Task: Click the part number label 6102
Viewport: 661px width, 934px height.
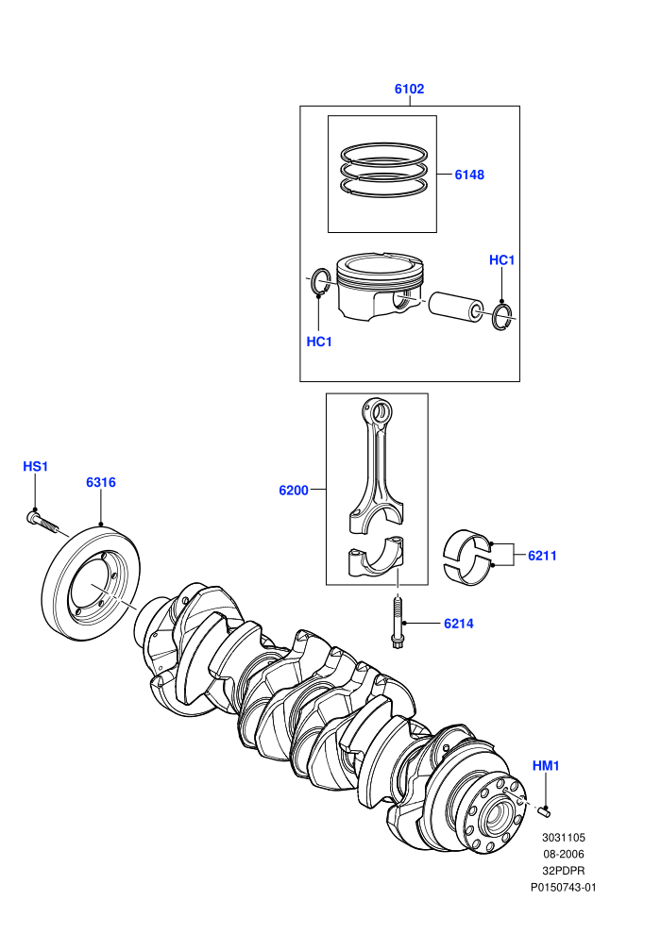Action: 409,89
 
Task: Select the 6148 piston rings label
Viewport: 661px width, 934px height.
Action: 469,175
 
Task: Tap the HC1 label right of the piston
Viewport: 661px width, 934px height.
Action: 501,260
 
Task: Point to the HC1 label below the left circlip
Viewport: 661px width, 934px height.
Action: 319,342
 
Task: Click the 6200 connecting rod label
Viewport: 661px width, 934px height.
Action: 294,491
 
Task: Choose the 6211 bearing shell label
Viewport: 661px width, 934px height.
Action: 542,556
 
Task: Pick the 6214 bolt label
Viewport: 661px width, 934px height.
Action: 458,624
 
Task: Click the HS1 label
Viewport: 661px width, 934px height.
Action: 35,466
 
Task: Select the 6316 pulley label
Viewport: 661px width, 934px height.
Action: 101,482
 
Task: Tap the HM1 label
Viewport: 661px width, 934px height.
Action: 546,766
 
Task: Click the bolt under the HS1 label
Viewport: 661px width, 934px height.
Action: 42,522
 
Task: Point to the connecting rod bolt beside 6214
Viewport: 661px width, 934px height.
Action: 398,623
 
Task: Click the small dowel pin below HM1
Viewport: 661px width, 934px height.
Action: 544,810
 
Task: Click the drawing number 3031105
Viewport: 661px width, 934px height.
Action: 563,838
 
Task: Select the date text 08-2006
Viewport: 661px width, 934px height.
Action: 563,854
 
